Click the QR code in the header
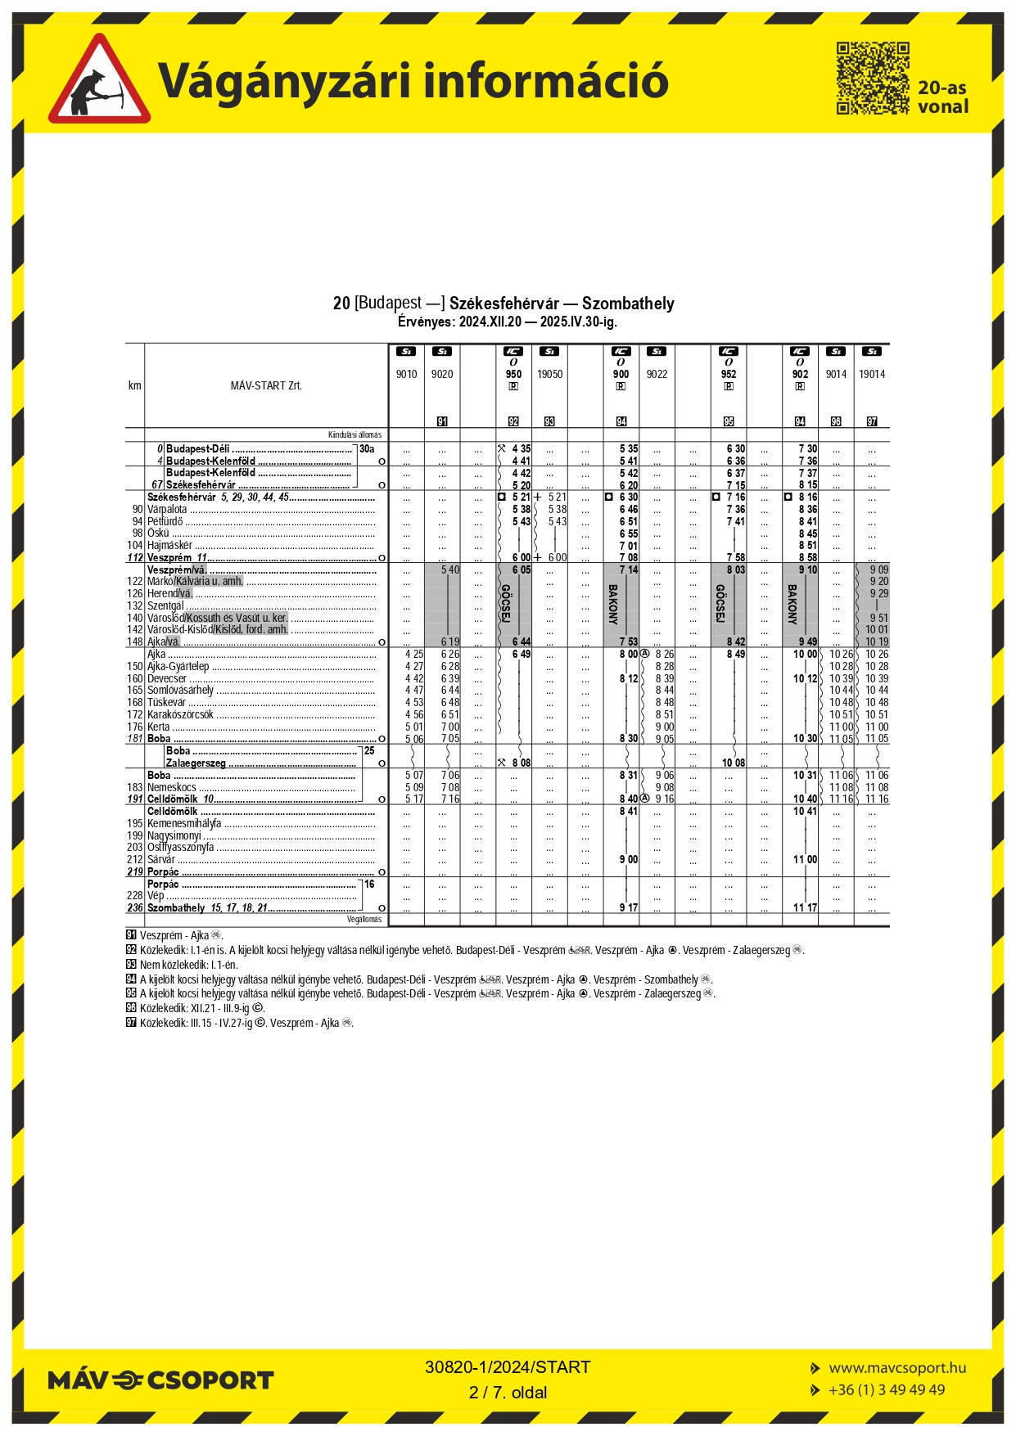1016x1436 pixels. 872,79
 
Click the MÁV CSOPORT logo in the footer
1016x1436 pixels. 160,1380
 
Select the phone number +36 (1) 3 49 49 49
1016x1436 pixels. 887,1389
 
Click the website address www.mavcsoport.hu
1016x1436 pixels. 897,1367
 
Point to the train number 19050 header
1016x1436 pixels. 549,374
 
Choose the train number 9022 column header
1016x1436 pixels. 657,374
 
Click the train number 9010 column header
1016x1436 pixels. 406,374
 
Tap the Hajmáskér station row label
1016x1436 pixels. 169,545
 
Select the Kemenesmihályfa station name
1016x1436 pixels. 183,823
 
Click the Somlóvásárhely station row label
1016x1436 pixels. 180,690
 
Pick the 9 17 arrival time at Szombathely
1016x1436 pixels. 628,907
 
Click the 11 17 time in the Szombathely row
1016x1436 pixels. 806,907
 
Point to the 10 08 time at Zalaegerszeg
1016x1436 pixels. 734,763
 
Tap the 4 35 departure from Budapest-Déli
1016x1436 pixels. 521,448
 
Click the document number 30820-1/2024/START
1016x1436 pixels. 508,1366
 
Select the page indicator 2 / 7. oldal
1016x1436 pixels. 508,1392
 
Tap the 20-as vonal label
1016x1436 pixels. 942,97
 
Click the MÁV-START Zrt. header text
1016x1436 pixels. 266,385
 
